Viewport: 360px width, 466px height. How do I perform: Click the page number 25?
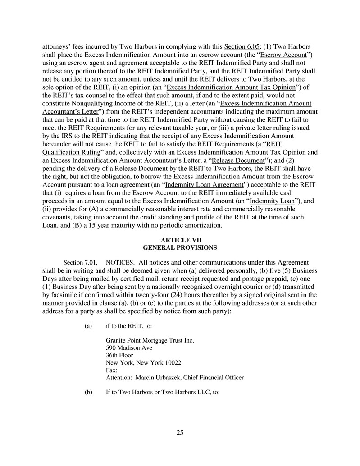click(x=180, y=434)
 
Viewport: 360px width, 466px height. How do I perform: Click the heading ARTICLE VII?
click(x=180, y=240)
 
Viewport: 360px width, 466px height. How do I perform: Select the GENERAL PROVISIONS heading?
click(x=180, y=247)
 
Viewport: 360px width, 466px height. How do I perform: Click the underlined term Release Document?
click(x=238, y=160)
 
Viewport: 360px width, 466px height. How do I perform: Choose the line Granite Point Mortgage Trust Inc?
click(x=150, y=340)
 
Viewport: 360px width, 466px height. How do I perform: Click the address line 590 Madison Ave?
click(x=129, y=348)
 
